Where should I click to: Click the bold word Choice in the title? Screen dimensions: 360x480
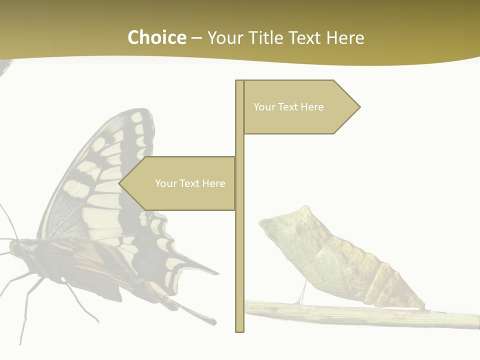point(156,37)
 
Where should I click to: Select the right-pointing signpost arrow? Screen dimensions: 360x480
point(300,107)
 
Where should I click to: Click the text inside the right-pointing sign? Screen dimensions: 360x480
point(288,107)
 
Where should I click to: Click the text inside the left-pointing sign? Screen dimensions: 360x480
point(190,183)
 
